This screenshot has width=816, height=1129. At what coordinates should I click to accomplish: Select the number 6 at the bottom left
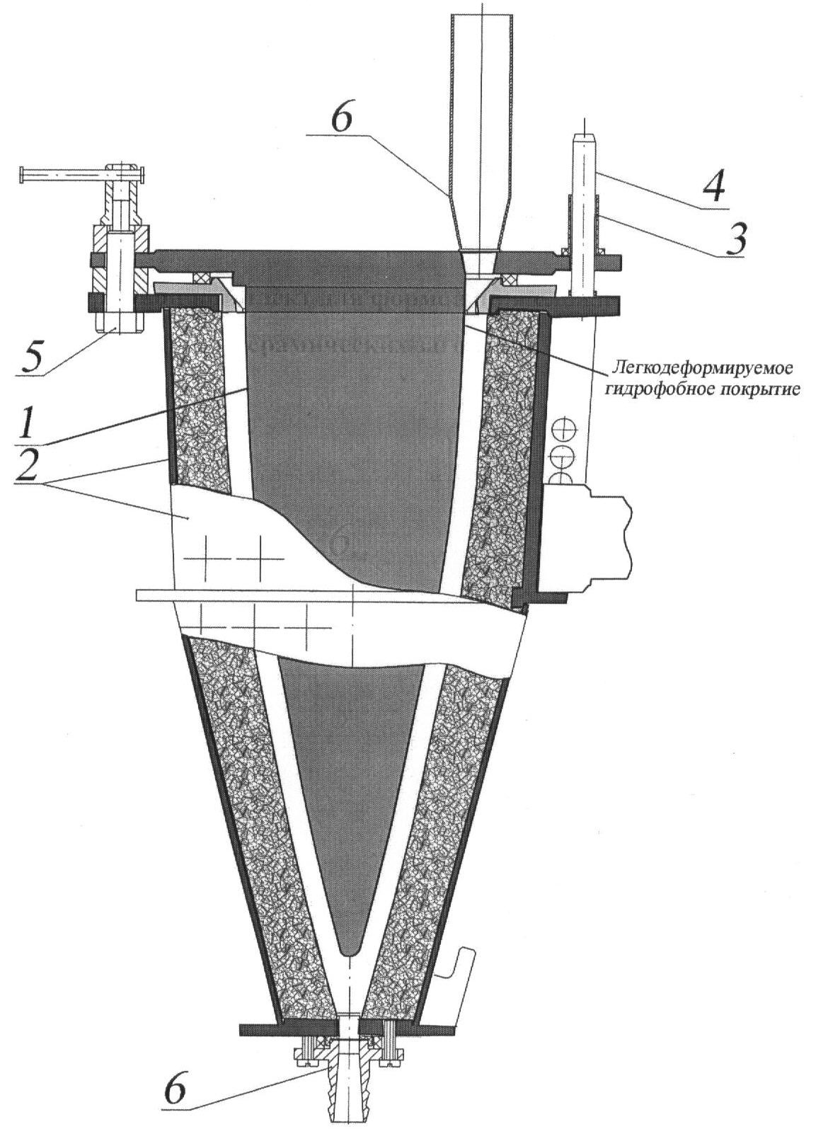[173, 1092]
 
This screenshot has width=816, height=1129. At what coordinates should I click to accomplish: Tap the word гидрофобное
[645, 389]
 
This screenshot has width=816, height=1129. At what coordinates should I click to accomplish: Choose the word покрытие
[761, 389]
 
